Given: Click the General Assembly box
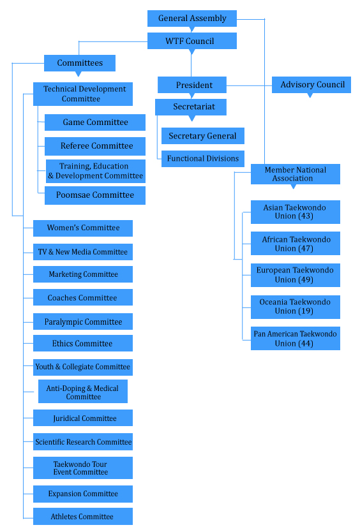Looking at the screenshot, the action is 192,18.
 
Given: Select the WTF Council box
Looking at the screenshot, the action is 192,41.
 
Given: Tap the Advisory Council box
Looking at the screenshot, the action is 311,85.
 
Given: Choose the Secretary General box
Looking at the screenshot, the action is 203,136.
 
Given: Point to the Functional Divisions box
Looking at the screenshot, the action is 203,158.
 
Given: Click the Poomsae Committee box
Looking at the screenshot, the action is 95,195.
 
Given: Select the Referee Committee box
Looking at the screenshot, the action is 95,146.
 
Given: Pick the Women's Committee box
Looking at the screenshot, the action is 83,228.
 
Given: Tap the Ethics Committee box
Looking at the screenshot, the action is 83,343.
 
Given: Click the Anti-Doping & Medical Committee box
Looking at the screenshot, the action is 83,392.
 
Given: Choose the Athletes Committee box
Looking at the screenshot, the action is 83,517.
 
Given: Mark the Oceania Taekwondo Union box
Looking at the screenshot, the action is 296,307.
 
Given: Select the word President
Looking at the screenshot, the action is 194,85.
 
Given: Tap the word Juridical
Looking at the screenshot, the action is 67,418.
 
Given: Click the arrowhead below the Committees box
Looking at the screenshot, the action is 79,73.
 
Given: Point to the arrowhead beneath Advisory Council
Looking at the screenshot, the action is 310,95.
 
